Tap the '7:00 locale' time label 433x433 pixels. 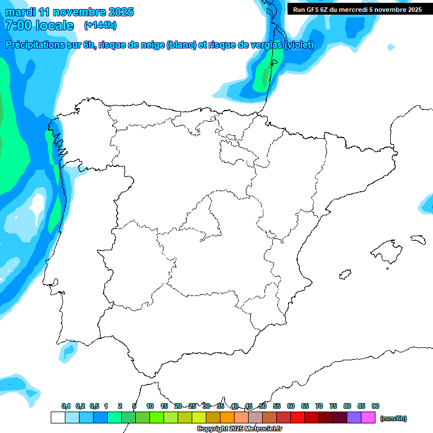pyautogui.click(x=39, y=25)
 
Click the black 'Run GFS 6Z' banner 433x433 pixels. pyautogui.click(x=357, y=10)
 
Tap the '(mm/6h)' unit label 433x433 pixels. pyautogui.click(x=393, y=418)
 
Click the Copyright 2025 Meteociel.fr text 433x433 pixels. pyautogui.click(x=239, y=429)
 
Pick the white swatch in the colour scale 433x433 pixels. pyautogui.click(x=58, y=418)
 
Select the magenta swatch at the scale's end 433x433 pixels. pyautogui.click(x=368, y=418)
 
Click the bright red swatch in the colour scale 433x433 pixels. pyautogui.click(x=298, y=418)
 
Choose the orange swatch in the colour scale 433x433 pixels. pyautogui.click(x=227, y=418)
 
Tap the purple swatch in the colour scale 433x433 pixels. pyautogui.click(x=354, y=418)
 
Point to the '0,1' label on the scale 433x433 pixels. pyautogui.click(x=65, y=406)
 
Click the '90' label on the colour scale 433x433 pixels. pyautogui.click(x=375, y=406)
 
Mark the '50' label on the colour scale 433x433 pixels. pyautogui.click(x=263, y=406)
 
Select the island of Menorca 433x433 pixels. pyautogui.click(x=417, y=239)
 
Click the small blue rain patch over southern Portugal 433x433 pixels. pyautogui.click(x=69, y=351)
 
